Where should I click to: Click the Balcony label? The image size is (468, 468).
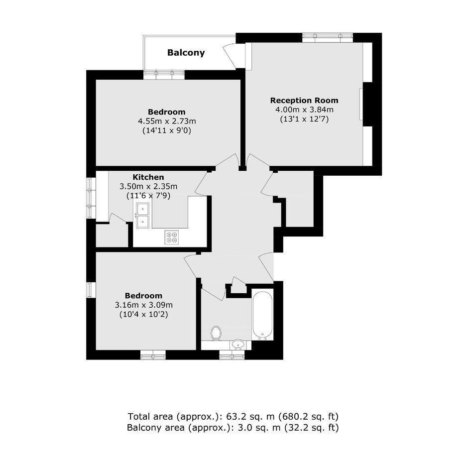pyautogui.click(x=186, y=53)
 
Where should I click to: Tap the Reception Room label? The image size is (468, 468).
pyautogui.click(x=304, y=100)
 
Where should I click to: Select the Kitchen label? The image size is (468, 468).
pyautogui.click(x=148, y=177)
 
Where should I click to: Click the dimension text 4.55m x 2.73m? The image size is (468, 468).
pyautogui.click(x=167, y=121)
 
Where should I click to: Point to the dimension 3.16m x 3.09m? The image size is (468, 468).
pyautogui.click(x=143, y=305)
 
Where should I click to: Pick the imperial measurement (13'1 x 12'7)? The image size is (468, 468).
pyautogui.click(x=304, y=119)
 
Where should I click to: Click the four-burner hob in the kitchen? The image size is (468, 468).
pyautogui.click(x=172, y=237)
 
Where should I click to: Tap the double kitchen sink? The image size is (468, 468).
pyautogui.click(x=143, y=215)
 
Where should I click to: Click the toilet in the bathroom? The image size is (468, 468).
pyautogui.click(x=216, y=333)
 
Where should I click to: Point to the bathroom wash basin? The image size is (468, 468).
pyautogui.click(x=238, y=345)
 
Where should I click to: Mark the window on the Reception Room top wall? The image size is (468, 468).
pyautogui.click(x=328, y=38)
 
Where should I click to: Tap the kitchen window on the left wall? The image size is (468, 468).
pyautogui.click(x=91, y=198)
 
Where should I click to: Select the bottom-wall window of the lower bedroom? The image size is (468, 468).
pyautogui.click(x=153, y=354)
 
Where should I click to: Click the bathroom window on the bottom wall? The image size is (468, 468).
pyautogui.click(x=232, y=354)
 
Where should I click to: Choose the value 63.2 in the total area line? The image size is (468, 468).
pyautogui.click(x=235, y=416)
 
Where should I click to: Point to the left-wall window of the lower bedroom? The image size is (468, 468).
pyautogui.click(x=91, y=290)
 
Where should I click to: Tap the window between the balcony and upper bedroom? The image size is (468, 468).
pyautogui.click(x=164, y=75)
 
